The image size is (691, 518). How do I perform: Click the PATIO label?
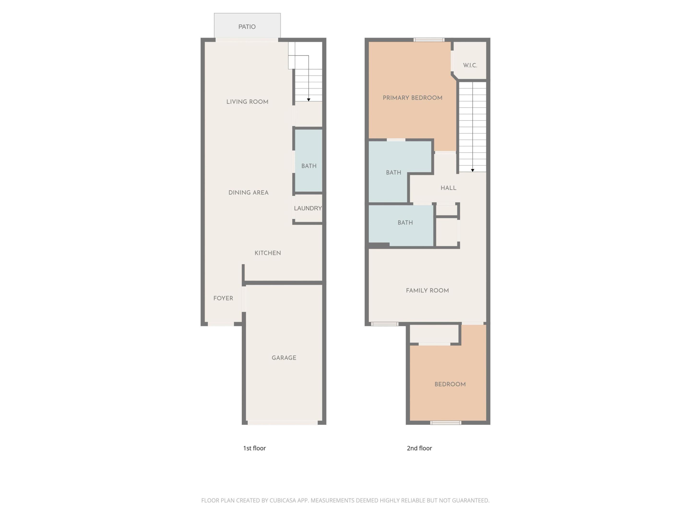click(x=247, y=27)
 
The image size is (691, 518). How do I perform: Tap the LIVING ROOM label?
click(x=247, y=102)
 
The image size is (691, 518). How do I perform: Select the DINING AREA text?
click(x=248, y=193)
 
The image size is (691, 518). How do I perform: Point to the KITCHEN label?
click(x=268, y=253)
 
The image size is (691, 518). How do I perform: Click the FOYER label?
click(x=223, y=298)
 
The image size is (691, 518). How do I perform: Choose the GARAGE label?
click(x=284, y=358)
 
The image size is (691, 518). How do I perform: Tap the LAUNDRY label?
click(x=308, y=208)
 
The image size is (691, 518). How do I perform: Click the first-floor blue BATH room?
click(x=309, y=166)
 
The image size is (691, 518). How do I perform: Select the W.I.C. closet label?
click(x=470, y=65)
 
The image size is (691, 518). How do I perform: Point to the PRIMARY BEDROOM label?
click(x=412, y=98)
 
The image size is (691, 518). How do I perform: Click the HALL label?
click(x=448, y=188)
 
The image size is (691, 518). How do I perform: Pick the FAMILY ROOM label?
click(x=427, y=291)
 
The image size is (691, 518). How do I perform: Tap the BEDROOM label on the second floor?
click(x=450, y=384)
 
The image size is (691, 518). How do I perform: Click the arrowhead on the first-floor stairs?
click(x=309, y=100)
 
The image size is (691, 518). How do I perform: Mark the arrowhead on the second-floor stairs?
click(x=473, y=170)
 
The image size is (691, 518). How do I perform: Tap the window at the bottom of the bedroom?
click(x=446, y=423)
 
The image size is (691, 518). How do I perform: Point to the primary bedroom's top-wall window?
click(x=429, y=40)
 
